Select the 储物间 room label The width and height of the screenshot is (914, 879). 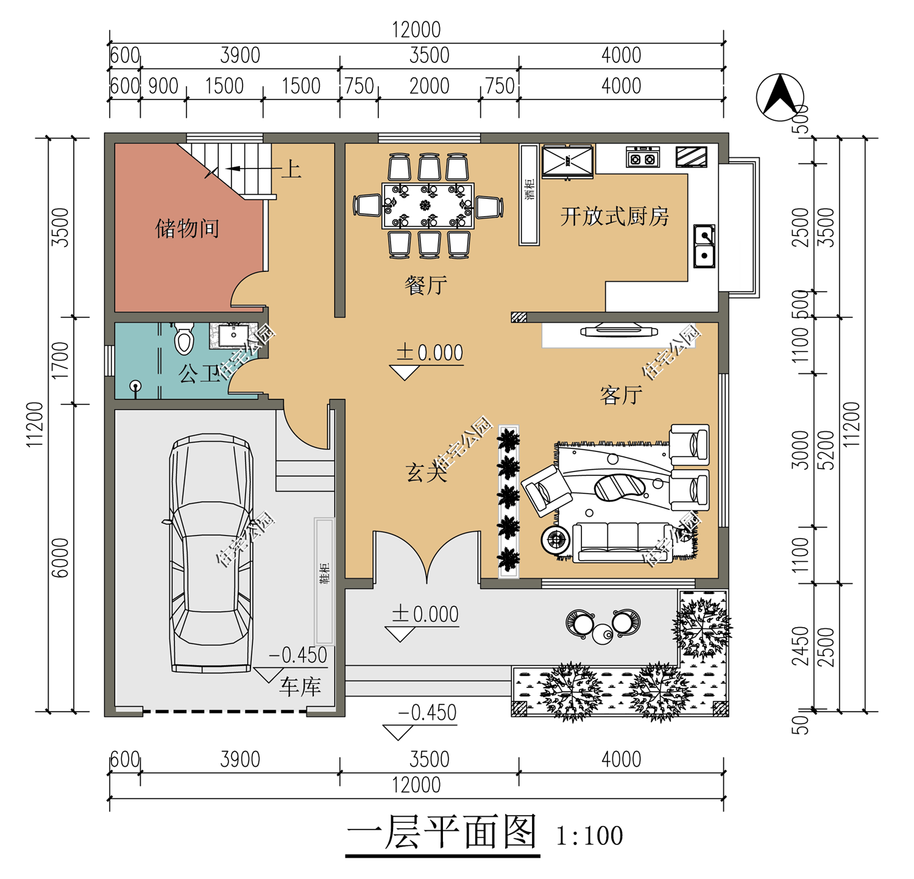tap(187, 229)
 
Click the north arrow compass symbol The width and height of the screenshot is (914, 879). tap(780, 97)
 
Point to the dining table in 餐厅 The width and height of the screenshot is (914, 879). tap(428, 206)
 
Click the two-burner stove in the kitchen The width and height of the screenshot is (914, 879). tap(643, 157)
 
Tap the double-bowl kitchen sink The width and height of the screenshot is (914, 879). tap(704, 246)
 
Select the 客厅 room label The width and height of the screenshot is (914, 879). tap(621, 395)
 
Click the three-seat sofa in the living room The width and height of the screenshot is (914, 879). tap(623, 542)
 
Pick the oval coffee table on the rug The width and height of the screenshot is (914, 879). tap(620, 487)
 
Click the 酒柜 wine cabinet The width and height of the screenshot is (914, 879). tap(529, 195)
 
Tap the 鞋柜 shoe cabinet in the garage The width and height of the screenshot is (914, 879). tap(324, 581)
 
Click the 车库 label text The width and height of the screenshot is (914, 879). tap(300, 687)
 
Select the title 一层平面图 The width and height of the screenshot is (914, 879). tap(442, 832)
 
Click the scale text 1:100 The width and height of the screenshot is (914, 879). tap(589, 836)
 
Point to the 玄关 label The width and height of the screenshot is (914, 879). tap(427, 472)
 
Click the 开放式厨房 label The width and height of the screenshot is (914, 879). tap(614, 217)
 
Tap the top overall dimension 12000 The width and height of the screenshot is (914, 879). tap(416, 29)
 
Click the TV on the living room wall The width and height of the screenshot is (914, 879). tap(619, 331)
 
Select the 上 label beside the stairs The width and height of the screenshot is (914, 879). tap(291, 169)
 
